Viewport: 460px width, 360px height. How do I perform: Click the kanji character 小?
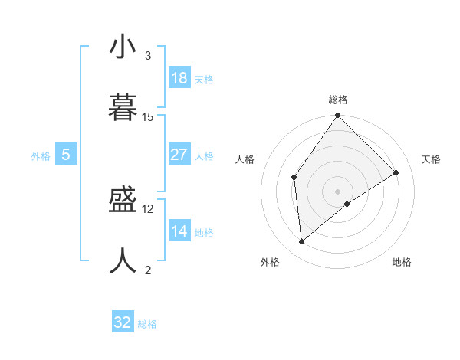[123, 47]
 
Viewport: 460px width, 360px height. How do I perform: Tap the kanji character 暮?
[123, 108]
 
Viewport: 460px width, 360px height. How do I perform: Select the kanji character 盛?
[123, 201]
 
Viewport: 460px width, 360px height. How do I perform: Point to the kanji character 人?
[123, 261]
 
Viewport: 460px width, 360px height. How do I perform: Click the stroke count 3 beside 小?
[148, 56]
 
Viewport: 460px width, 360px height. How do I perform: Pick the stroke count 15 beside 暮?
[148, 116]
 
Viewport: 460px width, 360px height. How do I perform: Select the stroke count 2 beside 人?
[148, 270]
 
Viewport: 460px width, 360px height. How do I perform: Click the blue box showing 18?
[179, 78]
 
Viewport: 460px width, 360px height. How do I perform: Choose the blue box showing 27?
[179, 155]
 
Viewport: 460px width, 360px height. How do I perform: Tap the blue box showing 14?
[179, 231]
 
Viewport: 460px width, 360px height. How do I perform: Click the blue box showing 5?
[66, 155]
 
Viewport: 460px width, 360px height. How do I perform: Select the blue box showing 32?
[123, 322]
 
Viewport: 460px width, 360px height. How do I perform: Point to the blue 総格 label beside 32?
[147, 324]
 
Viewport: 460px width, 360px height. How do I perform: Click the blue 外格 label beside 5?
[41, 156]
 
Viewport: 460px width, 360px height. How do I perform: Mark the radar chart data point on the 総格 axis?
[337, 116]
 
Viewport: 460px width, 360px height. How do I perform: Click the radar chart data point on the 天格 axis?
[396, 172]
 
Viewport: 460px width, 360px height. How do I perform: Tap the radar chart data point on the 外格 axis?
[301, 241]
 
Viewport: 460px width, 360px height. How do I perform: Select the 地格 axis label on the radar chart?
[402, 262]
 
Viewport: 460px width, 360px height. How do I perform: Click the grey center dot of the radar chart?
[337, 191]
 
